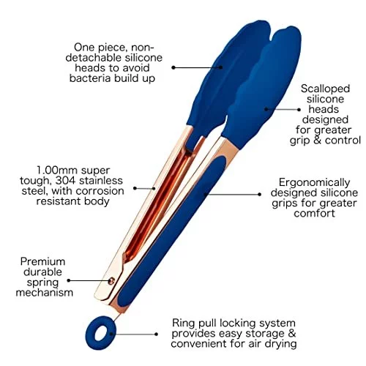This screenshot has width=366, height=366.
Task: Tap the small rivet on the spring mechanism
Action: tap(111, 281)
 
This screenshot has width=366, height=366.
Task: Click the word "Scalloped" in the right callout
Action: tap(325, 89)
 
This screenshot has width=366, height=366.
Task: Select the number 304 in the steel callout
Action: tap(65, 181)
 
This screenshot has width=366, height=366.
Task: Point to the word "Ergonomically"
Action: tap(314, 182)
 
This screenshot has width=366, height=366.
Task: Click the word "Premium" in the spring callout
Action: tap(42, 261)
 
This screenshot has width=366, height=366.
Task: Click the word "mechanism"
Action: tap(45, 292)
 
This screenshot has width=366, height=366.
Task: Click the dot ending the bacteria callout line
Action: tap(173, 67)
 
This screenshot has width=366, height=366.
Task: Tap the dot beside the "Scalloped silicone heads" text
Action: tap(299, 110)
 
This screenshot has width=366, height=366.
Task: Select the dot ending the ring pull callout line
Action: tap(156, 334)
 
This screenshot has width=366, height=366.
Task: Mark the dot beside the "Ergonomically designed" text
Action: tap(259, 194)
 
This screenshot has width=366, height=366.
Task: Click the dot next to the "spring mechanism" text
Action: tap(69, 280)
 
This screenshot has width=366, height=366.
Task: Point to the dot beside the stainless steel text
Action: tap(135, 188)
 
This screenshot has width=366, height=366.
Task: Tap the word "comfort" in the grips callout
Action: tap(314, 213)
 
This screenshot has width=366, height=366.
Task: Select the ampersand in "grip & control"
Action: tap(317, 141)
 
